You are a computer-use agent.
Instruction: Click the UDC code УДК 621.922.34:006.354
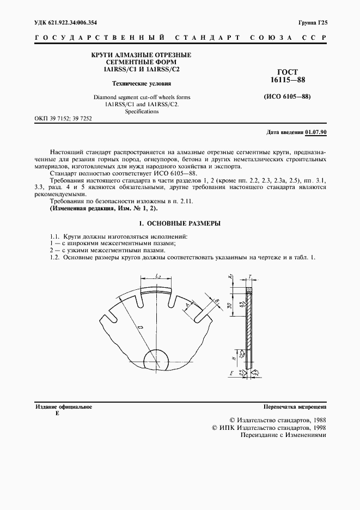[x=66, y=22]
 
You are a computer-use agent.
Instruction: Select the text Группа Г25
[x=312, y=22]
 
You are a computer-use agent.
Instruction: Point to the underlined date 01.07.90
[x=316, y=132]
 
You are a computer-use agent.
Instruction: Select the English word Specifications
[x=142, y=111]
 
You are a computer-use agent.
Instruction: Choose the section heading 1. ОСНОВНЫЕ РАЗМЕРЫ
[x=180, y=223]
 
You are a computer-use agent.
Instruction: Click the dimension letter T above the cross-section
[x=249, y=277]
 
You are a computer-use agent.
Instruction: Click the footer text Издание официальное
[x=63, y=406]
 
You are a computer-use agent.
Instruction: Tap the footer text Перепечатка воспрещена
[x=295, y=406]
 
